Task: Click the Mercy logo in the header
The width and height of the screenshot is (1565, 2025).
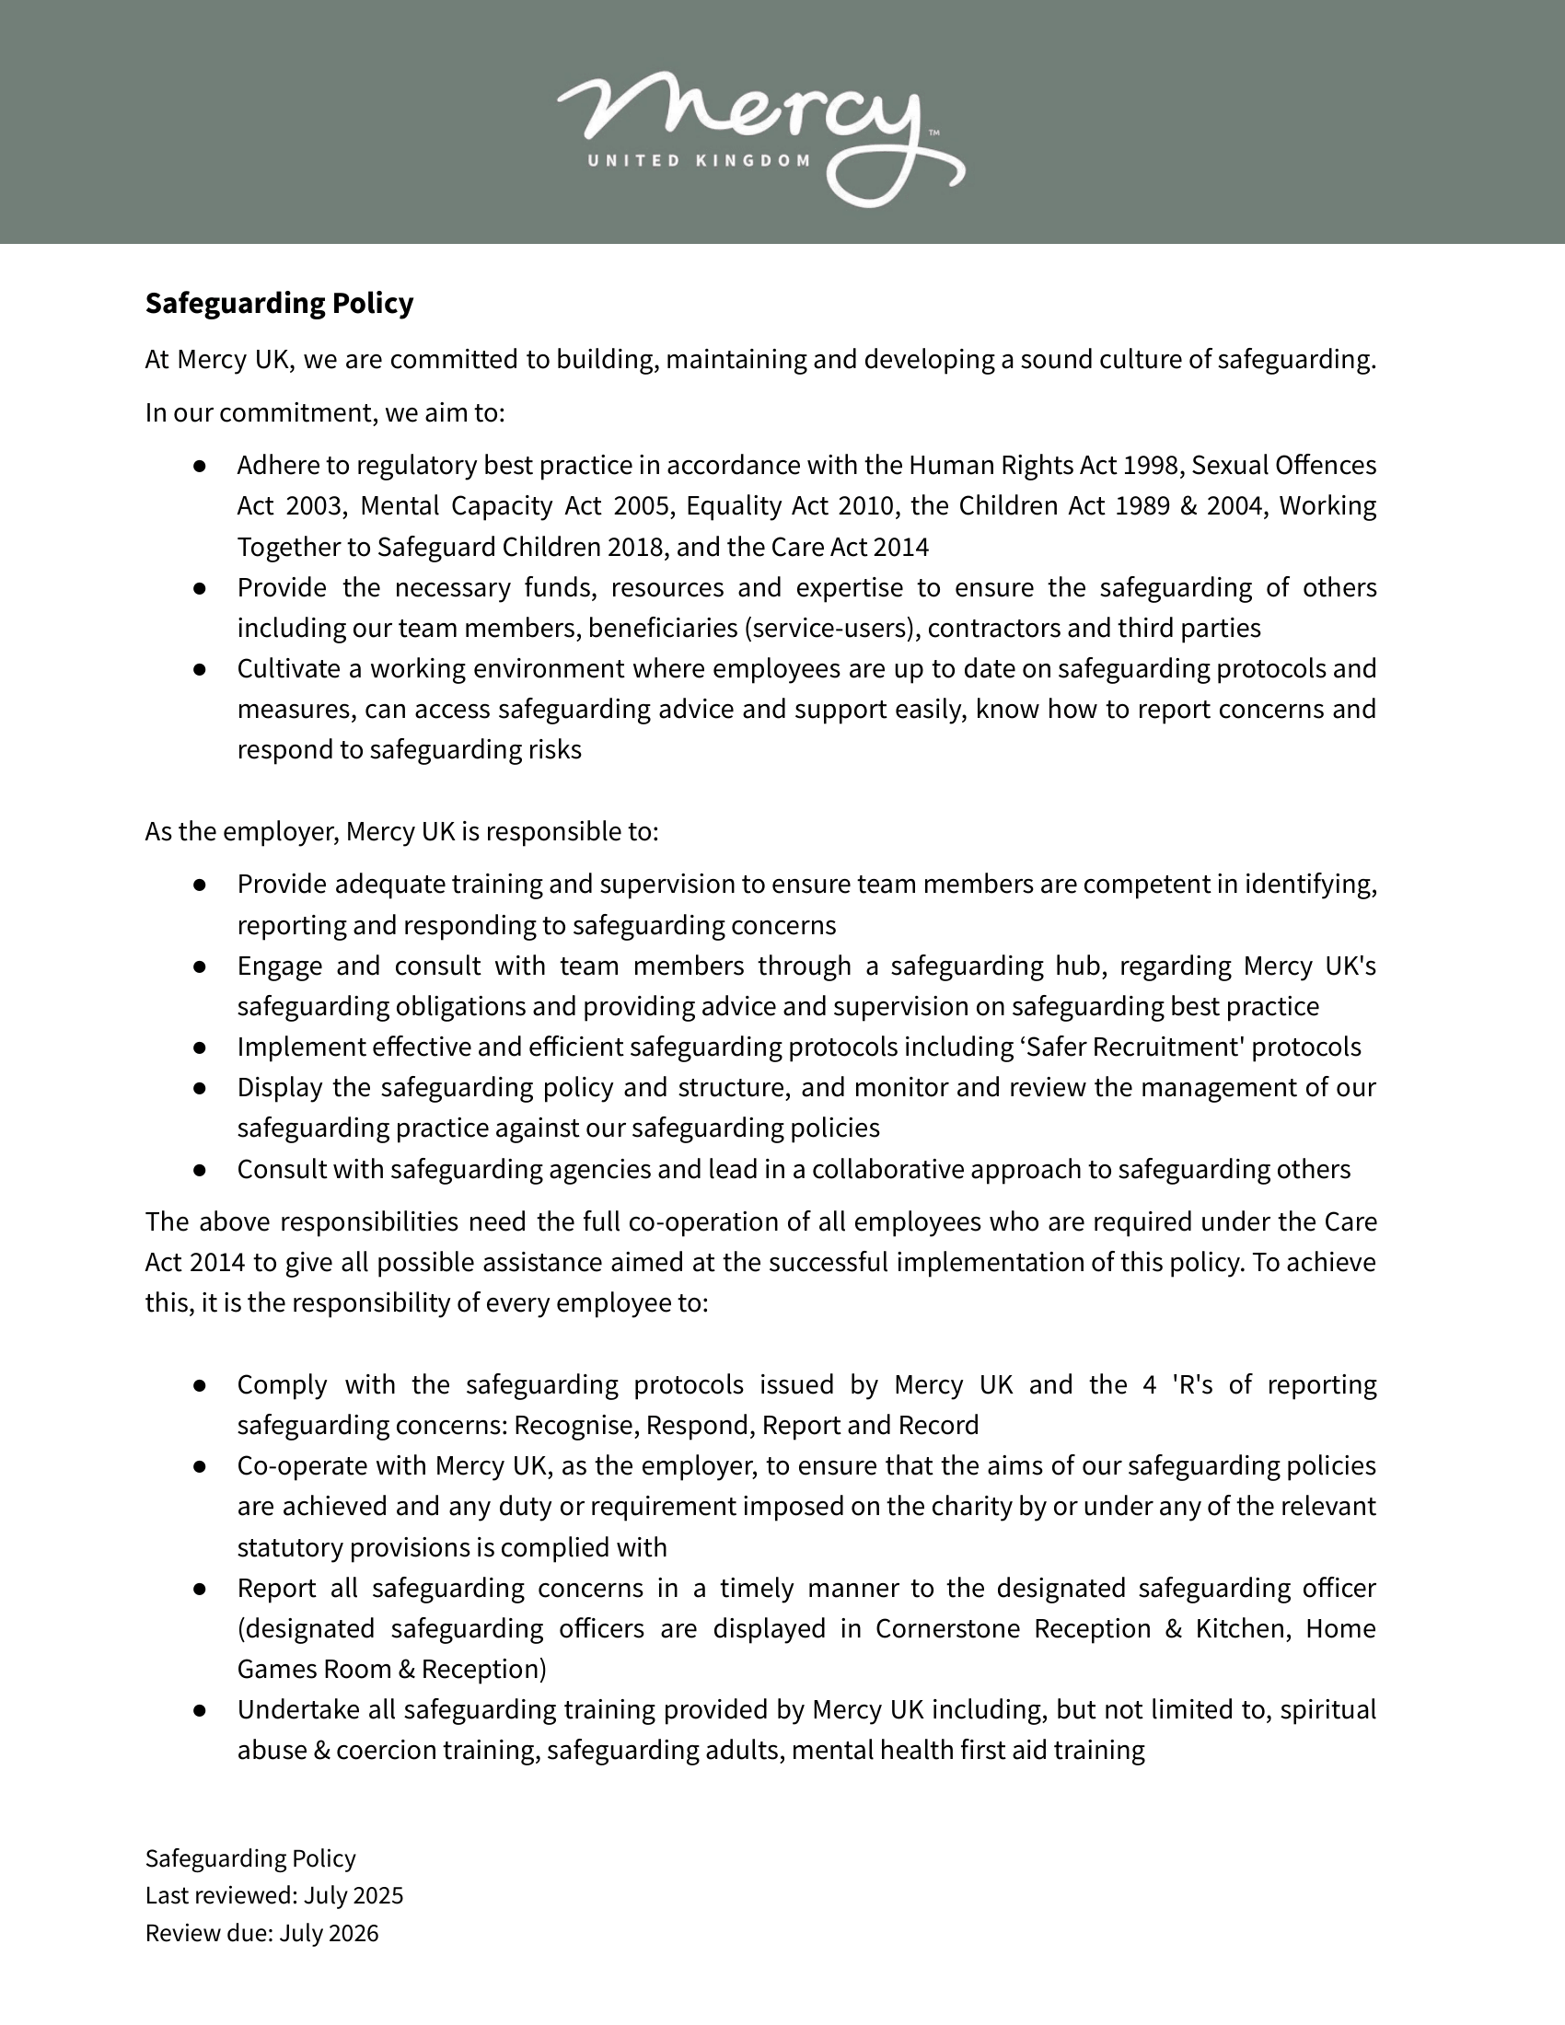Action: click(x=760, y=130)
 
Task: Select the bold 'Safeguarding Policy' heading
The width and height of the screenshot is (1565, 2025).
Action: click(x=279, y=303)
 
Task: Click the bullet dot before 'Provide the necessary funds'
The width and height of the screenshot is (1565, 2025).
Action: click(x=200, y=588)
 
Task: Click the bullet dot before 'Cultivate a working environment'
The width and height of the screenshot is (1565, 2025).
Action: click(x=200, y=668)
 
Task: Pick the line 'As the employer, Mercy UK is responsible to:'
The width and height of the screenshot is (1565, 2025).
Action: click(x=401, y=832)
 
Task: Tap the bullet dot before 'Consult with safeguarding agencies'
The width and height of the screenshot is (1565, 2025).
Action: click(x=200, y=1169)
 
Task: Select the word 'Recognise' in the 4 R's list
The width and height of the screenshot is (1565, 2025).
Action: click(x=575, y=1425)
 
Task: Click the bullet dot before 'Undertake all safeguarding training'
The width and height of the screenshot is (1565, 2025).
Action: click(x=200, y=1710)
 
